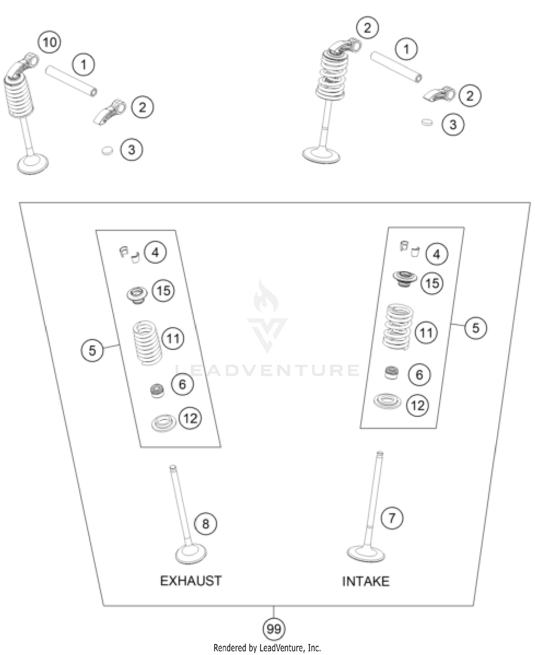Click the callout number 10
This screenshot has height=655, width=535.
[50, 42]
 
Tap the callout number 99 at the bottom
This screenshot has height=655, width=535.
[274, 628]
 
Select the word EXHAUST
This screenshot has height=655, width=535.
[191, 581]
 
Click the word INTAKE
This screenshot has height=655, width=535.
[366, 581]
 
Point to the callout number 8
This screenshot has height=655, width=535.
[206, 524]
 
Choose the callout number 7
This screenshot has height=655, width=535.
[392, 518]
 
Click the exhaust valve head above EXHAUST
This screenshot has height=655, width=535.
[191, 554]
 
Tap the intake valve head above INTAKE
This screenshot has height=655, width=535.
[366, 553]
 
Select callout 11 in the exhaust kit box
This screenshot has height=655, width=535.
[173, 338]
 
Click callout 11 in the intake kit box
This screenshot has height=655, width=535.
[426, 333]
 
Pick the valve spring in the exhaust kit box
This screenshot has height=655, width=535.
[147, 343]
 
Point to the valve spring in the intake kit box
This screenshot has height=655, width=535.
[398, 326]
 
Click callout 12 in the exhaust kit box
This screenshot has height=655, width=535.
[190, 418]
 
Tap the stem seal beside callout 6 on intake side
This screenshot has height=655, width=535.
[392, 373]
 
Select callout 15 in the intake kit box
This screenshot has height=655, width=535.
[432, 283]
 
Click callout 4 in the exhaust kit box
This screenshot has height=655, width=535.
[155, 252]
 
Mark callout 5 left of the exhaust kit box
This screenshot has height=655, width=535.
[92, 350]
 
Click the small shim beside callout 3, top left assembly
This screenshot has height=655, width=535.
[107, 150]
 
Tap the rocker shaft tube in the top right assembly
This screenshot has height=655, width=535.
[396, 67]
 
